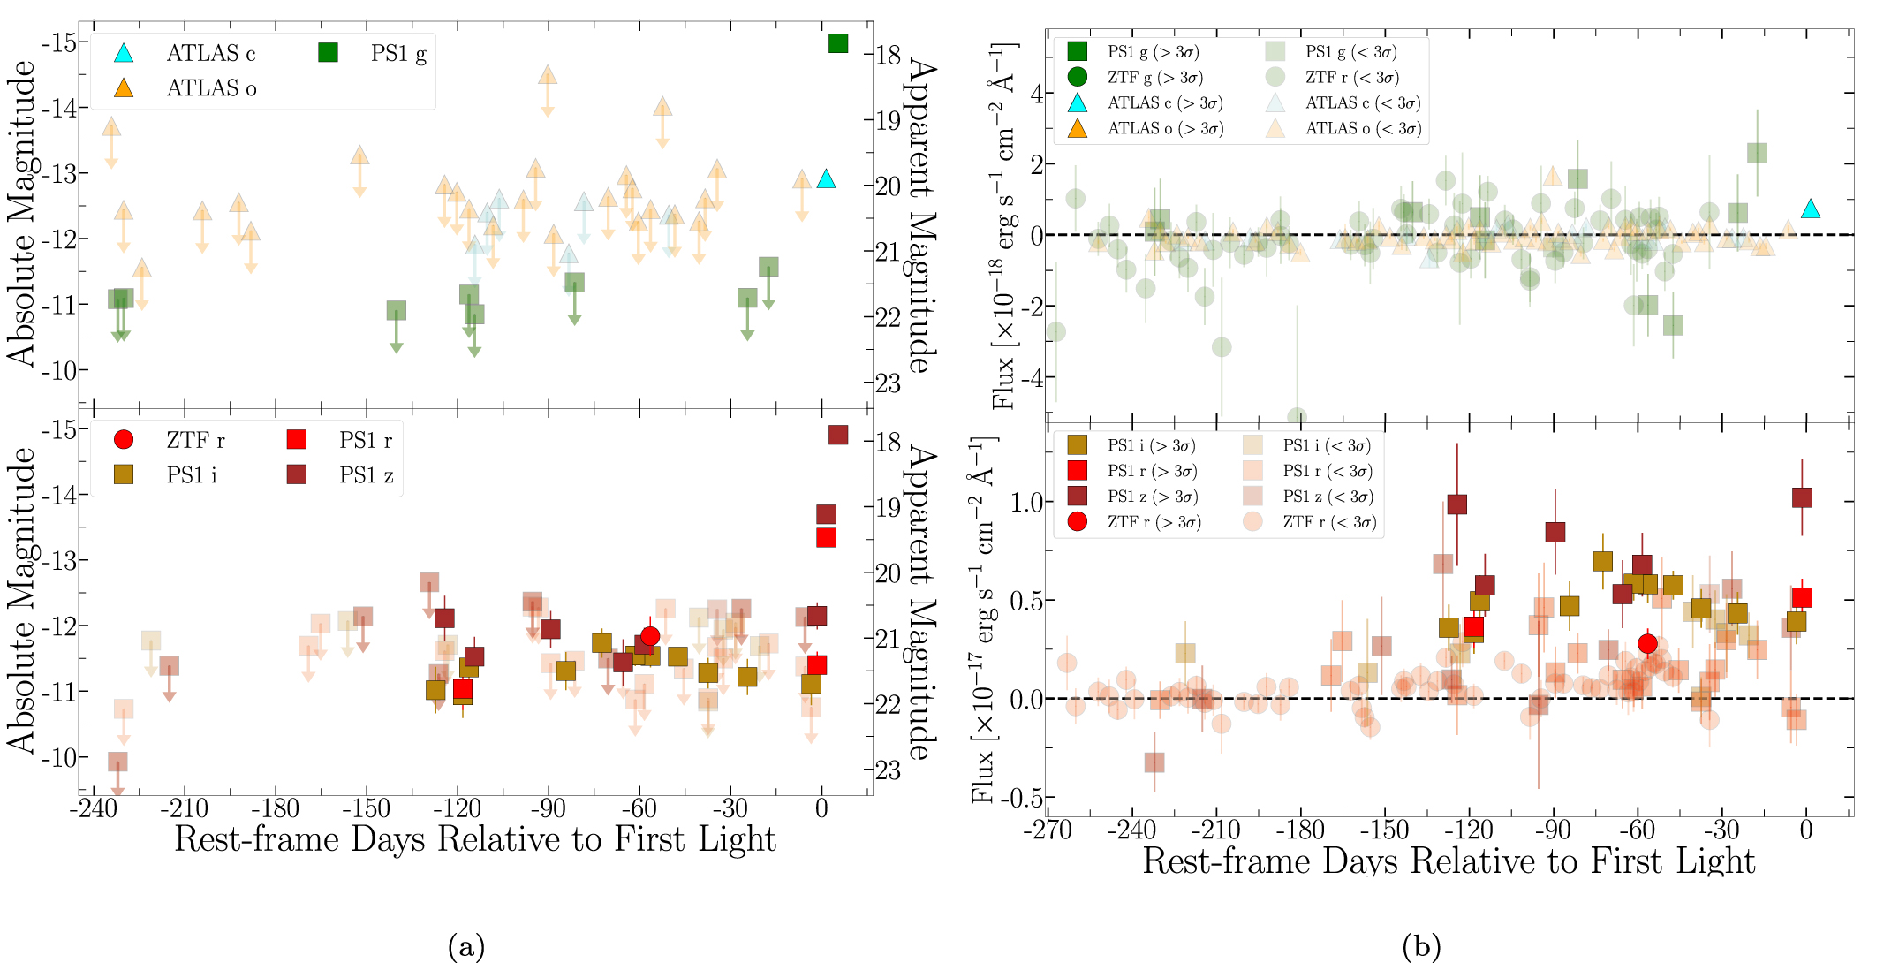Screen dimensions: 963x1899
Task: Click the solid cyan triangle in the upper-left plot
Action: coord(826,179)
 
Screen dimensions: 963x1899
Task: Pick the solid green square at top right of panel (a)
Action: coord(838,43)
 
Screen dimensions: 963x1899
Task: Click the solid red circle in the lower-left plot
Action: coord(650,636)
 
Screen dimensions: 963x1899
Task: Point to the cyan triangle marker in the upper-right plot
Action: coord(1811,209)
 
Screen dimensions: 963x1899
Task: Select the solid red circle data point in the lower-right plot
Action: coord(1647,644)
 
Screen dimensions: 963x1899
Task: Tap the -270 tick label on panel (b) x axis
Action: coord(1048,830)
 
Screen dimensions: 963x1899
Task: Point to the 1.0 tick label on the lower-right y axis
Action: coord(1027,502)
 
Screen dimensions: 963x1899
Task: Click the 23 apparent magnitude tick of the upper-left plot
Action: coord(888,383)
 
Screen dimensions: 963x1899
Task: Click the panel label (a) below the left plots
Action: coord(466,947)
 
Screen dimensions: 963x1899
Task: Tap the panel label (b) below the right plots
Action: coord(1421,947)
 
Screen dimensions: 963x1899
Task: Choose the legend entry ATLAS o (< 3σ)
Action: coord(1363,129)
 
